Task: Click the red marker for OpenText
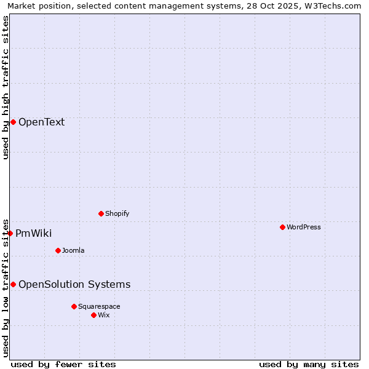pos(13,122)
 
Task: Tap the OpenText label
pos(41,122)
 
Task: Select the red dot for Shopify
pos(101,213)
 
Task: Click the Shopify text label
pos(117,213)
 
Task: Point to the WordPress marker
pos(282,227)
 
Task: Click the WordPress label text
pos(303,227)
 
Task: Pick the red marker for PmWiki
pos(10,233)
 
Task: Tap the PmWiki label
pos(34,233)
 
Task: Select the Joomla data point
pos(58,250)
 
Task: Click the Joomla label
pos(73,250)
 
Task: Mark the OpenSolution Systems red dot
pos(13,284)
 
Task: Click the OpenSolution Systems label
pos(74,284)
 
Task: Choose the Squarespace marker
pos(74,306)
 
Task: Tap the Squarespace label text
pos(99,306)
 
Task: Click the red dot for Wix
pos(93,315)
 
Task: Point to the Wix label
pos(104,315)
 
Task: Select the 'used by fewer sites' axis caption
pos(63,364)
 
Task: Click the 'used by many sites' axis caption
pos(309,364)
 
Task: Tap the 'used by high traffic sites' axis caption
pos(6,87)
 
